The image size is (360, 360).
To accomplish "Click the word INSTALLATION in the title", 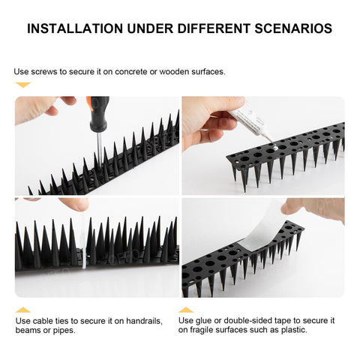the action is pos(75,28).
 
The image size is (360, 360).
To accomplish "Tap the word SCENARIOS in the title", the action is pos(293,28).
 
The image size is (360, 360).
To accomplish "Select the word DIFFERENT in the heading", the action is pos(214,28).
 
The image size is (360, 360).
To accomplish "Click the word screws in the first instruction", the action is pos(43,72).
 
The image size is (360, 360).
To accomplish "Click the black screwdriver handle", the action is pos(99,114).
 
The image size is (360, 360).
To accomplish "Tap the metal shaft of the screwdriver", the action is pos(100,148).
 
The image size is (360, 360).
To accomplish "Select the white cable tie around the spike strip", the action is pos(83,250).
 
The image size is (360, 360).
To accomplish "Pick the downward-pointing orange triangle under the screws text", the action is pos(23,85).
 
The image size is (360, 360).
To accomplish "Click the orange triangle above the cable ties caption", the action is pos(23,310).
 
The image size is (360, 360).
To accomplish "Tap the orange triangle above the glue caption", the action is pos(186,310).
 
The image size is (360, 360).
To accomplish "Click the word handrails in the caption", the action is pos(144,321).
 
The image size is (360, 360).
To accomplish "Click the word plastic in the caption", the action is pos(294,330).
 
